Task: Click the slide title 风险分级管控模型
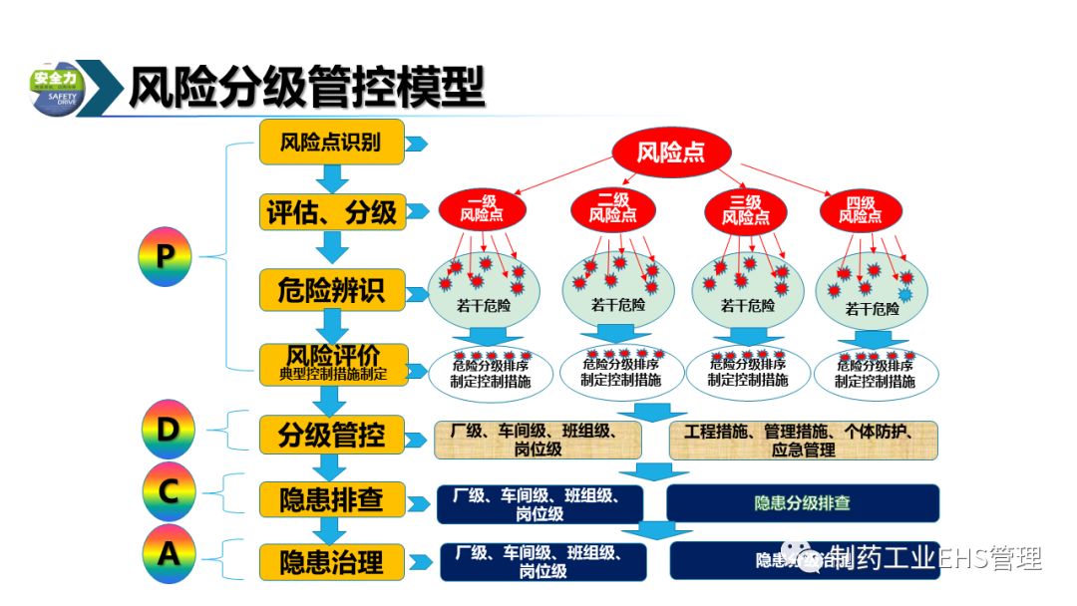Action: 306,87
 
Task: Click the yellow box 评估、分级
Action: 332,212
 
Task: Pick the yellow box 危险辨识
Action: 332,290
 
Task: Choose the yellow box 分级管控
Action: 332,435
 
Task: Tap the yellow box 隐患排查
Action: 332,498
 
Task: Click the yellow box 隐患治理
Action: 332,561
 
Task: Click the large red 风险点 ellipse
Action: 670,151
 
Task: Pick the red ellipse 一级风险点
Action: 482,208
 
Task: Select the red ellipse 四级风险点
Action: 860,209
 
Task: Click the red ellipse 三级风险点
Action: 745,209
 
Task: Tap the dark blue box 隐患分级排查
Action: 803,503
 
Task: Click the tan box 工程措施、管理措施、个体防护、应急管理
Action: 804,441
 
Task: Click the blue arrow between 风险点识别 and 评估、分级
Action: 332,178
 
